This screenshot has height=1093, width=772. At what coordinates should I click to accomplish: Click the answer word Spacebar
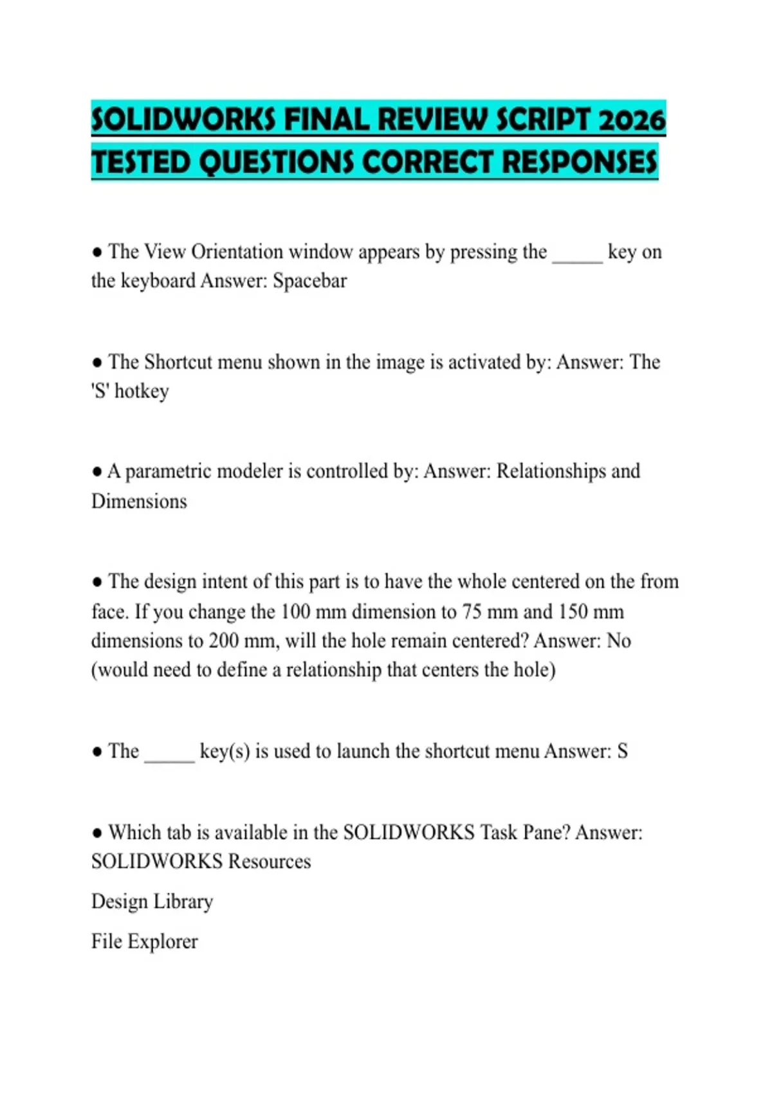[309, 281]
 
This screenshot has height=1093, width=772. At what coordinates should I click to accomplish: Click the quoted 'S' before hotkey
[100, 391]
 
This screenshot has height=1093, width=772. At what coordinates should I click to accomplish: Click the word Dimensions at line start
[139, 501]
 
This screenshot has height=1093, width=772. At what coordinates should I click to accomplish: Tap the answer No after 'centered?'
[618, 641]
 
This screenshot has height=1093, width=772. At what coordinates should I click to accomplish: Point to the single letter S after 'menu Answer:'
[622, 752]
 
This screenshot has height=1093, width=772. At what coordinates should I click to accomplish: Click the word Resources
[270, 862]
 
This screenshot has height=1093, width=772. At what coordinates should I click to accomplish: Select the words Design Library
[152, 901]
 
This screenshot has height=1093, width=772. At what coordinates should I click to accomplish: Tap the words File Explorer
[145, 941]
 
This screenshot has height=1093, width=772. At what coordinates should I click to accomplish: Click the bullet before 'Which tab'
[97, 833]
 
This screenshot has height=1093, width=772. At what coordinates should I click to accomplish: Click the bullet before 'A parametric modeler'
[97, 472]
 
